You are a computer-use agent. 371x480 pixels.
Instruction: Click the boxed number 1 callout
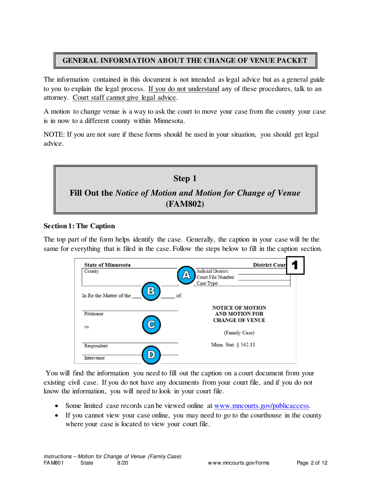[295, 265]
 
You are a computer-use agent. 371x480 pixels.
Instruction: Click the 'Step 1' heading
[185, 179]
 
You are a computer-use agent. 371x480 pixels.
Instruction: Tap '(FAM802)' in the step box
[185, 204]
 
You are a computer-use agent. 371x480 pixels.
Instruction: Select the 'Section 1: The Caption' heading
[79, 226]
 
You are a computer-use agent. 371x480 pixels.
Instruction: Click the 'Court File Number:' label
[216, 277]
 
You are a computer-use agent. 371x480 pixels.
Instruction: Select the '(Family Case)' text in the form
[239, 333]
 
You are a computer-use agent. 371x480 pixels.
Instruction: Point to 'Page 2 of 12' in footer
[312, 463]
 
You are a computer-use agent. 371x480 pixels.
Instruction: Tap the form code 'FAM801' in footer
[54, 463]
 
